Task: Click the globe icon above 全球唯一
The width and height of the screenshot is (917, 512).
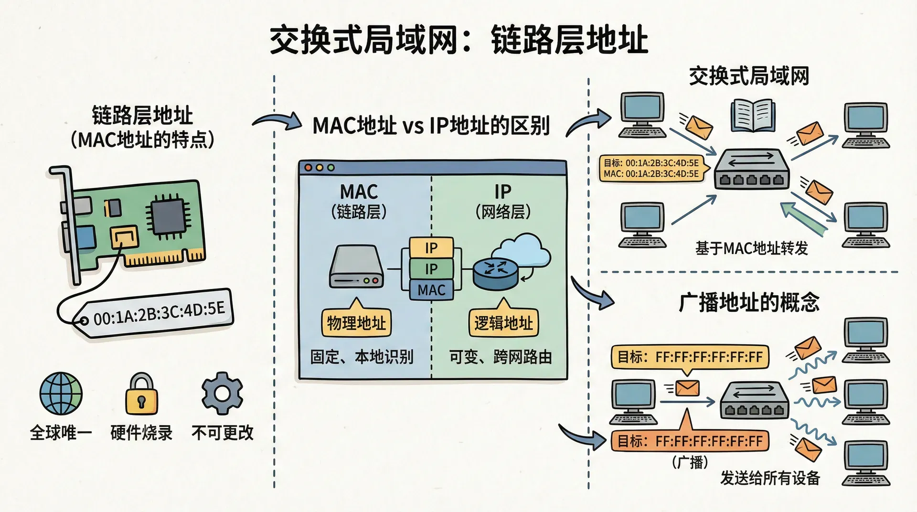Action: point(61,394)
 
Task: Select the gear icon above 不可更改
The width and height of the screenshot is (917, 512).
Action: point(222,393)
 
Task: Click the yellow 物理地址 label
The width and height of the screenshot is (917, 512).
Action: point(356,323)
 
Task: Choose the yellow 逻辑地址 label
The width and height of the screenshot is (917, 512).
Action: point(503,323)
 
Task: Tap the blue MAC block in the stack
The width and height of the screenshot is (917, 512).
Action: point(431,290)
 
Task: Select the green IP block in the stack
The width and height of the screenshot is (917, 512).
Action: point(431,269)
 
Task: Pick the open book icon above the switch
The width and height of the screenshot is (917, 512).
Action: point(752,115)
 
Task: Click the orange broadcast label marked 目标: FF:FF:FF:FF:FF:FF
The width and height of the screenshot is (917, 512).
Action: point(690,441)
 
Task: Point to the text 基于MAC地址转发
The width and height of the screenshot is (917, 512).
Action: point(751,248)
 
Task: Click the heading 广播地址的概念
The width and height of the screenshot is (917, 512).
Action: point(749,302)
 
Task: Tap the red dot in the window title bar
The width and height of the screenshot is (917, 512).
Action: point(308,168)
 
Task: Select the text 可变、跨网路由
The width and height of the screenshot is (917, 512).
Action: point(501,357)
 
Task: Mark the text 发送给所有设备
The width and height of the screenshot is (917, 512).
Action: point(770,478)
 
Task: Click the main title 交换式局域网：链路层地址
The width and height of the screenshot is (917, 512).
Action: point(458,40)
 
